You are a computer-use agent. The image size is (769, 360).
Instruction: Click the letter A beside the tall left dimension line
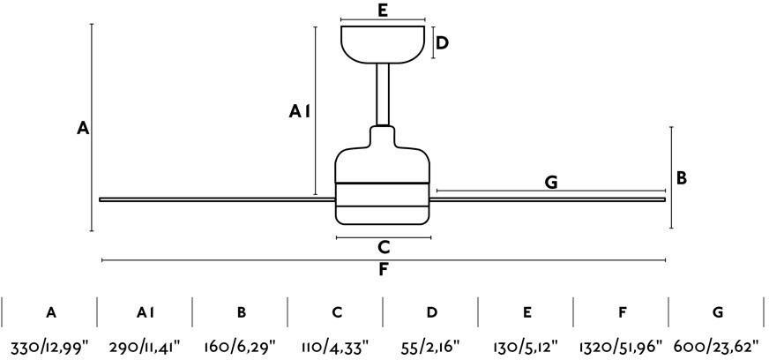click(83, 128)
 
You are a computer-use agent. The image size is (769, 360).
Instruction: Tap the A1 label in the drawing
click(299, 112)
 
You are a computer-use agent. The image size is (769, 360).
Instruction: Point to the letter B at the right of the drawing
click(681, 178)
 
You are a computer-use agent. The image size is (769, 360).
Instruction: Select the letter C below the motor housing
click(384, 248)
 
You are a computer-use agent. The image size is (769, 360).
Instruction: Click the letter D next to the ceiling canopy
click(442, 43)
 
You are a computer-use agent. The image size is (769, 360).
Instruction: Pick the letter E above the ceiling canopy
click(383, 11)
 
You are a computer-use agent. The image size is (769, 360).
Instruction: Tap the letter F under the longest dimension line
click(384, 270)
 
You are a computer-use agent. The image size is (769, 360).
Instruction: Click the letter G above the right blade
click(551, 183)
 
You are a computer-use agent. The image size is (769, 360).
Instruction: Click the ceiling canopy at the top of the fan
click(383, 45)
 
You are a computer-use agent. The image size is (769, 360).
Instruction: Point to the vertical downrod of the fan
click(383, 94)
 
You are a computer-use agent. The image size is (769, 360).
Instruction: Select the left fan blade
click(217, 199)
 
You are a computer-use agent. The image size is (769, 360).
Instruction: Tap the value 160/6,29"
click(240, 348)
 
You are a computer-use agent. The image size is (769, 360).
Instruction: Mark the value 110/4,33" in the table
click(335, 348)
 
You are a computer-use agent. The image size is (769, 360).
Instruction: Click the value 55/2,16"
click(431, 348)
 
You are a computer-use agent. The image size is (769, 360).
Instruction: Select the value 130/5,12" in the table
click(526, 348)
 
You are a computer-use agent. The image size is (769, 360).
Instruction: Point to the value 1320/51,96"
click(622, 348)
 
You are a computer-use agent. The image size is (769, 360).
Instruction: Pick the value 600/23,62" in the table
click(716, 348)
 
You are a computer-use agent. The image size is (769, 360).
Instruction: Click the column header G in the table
click(718, 312)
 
